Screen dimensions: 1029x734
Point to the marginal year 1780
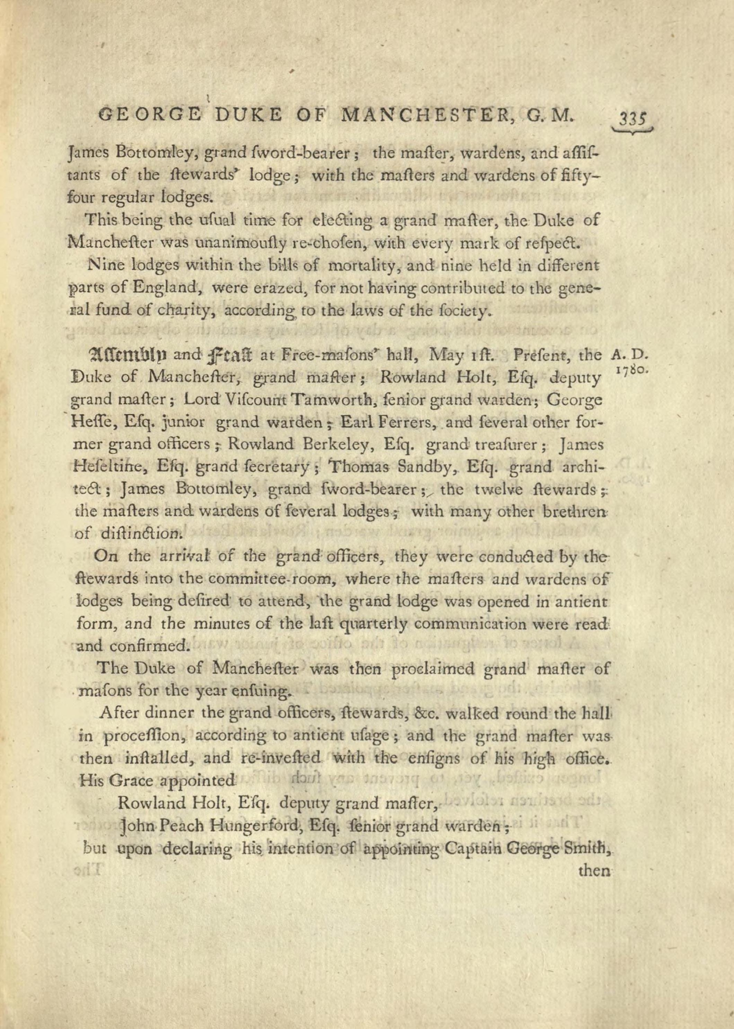click(x=632, y=369)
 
